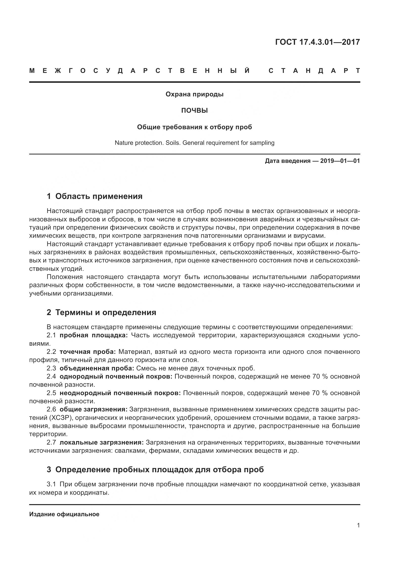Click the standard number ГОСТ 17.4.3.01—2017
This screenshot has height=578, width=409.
pyautogui.click(x=317, y=42)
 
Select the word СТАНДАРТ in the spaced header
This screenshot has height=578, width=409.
pyautogui.click(x=314, y=71)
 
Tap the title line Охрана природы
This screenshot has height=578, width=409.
pyautogui.click(x=194, y=94)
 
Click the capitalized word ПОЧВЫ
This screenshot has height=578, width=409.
pyautogui.click(x=194, y=111)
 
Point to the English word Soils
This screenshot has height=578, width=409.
pyautogui.click(x=173, y=143)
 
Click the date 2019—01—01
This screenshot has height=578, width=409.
pyautogui.click(x=340, y=161)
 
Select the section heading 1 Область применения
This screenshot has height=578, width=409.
pyautogui.click(x=94, y=196)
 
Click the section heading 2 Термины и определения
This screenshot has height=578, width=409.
pyautogui.click(x=101, y=312)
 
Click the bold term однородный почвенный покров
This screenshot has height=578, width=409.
pyautogui.click(x=116, y=377)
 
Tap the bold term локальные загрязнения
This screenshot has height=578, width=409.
pyautogui.click(x=101, y=443)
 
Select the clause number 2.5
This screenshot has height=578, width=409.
pyautogui.click(x=51, y=393)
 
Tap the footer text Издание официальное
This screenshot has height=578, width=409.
pyautogui.click(x=64, y=514)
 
